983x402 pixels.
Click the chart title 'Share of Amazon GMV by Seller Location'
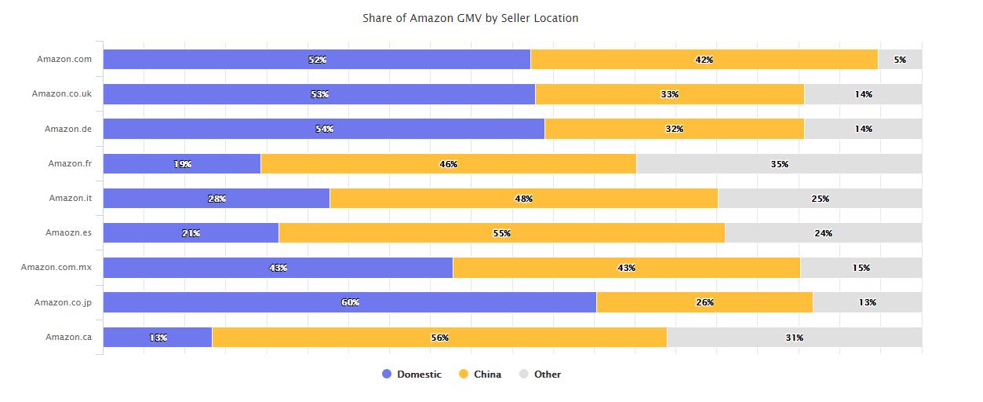[x=470, y=18]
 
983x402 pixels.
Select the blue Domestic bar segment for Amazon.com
[x=235, y=60]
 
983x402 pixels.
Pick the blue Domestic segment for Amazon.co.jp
[x=235, y=302]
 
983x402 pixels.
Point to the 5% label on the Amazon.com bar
[x=900, y=60]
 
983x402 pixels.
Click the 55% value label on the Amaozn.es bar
[x=501, y=233]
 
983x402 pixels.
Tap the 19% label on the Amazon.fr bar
[x=182, y=164]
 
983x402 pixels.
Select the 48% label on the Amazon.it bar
[x=523, y=199]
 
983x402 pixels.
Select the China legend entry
[x=486, y=375]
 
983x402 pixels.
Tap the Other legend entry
[x=547, y=375]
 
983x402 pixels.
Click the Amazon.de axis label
[x=68, y=129]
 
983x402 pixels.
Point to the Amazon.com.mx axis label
[x=56, y=268]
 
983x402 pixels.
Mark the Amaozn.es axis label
[x=68, y=233]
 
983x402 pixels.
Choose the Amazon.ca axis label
[x=68, y=337]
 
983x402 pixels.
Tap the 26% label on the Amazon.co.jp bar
[x=704, y=302]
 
